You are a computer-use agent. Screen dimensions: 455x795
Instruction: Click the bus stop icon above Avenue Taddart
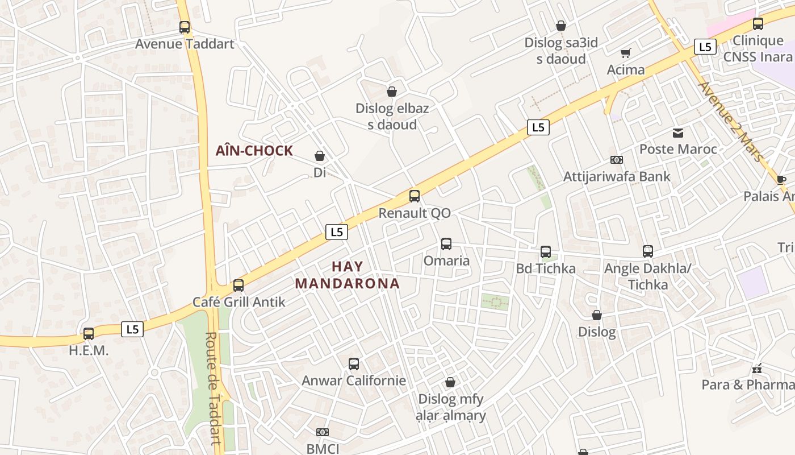coord(185,27)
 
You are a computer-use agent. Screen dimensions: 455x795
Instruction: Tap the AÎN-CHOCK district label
coord(254,151)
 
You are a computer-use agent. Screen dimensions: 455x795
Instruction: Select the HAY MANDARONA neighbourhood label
coord(348,275)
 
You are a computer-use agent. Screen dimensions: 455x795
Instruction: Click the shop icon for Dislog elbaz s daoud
coord(391,92)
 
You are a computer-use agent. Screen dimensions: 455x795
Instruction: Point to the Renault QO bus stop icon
coord(415,196)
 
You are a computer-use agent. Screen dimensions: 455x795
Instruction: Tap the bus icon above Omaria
coord(446,244)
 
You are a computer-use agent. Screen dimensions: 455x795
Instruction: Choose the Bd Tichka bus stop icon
coord(546,251)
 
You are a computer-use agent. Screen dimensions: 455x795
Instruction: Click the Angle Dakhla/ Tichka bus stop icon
coord(648,251)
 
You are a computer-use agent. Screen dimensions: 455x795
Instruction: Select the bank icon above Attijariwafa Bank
coord(616,160)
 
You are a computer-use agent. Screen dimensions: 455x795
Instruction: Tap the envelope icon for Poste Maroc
coord(678,133)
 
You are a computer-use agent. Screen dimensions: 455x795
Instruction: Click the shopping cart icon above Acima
coord(626,53)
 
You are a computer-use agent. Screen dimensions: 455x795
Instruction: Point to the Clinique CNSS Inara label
coord(758,48)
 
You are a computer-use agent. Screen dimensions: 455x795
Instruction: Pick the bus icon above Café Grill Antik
coord(238,285)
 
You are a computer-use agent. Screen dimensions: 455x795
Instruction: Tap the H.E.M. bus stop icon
coord(89,334)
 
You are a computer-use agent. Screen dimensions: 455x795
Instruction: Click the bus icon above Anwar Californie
coord(354,363)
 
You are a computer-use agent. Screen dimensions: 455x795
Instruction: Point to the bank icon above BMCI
coord(323,433)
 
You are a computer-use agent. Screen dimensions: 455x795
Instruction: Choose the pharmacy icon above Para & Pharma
coord(756,369)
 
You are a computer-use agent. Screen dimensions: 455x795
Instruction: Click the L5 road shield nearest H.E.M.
coord(132,329)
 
